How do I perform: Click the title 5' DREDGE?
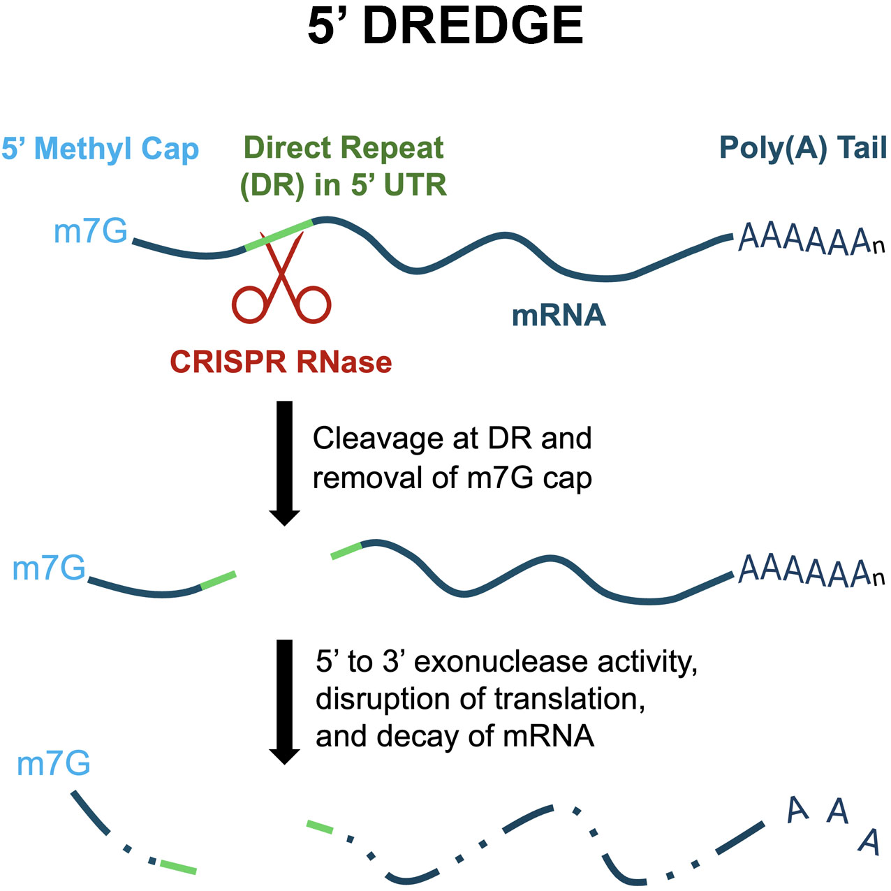click(x=445, y=27)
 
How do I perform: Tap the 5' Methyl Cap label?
click(x=100, y=149)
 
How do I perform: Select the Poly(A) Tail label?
click(x=803, y=148)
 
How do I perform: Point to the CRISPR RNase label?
click(x=281, y=362)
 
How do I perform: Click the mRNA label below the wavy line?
click(x=559, y=316)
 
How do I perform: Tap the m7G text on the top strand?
click(x=90, y=231)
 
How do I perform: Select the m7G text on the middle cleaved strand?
click(x=49, y=568)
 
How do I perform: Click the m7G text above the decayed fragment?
click(x=54, y=764)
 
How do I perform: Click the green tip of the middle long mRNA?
click(x=346, y=551)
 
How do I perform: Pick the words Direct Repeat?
click(x=344, y=148)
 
